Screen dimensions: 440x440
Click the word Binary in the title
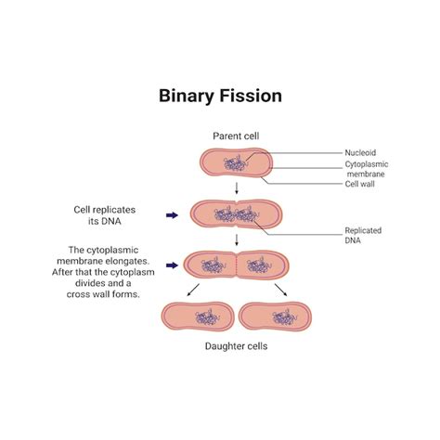[x=190, y=96]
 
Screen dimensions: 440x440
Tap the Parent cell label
[x=236, y=136]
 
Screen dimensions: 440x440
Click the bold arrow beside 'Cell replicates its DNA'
[x=171, y=215]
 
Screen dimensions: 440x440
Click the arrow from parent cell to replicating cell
[x=237, y=190]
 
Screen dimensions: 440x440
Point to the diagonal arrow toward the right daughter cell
[x=280, y=291]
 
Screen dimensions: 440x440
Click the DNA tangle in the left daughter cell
[x=201, y=317]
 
